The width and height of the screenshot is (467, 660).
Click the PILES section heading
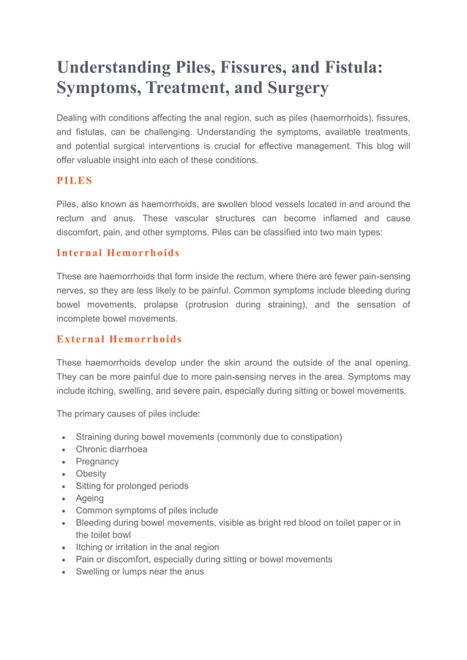click(75, 180)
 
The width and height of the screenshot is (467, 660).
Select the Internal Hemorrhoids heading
click(118, 252)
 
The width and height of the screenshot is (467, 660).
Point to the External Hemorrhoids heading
click(119, 339)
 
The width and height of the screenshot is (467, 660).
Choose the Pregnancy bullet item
click(97, 462)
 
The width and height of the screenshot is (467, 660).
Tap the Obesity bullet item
click(91, 473)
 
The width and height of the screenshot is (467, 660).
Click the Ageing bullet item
click(90, 498)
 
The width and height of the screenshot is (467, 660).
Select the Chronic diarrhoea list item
click(111, 449)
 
